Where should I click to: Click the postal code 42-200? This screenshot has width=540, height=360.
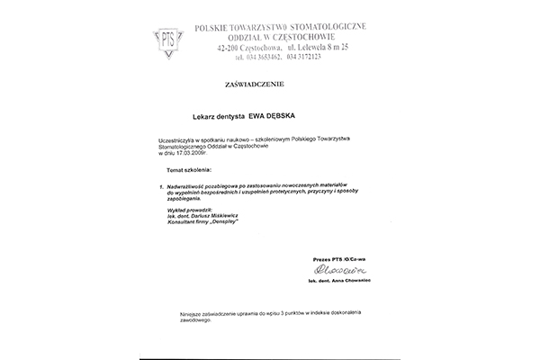(x=229, y=45)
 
